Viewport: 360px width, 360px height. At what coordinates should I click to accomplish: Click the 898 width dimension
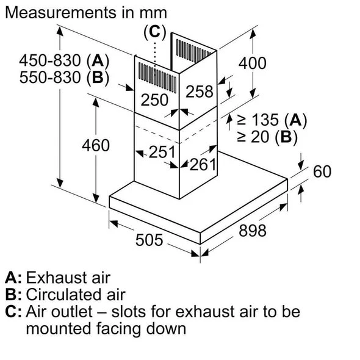253,231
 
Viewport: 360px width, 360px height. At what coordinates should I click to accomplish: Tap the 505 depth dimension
149,240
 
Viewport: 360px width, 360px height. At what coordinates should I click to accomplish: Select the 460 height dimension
96,145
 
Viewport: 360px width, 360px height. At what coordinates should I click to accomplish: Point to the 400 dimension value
253,63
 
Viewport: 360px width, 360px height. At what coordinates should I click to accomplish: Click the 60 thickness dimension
322,171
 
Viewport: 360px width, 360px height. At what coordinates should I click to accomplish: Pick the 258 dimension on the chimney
200,92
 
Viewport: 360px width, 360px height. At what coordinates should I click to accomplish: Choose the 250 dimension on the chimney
154,100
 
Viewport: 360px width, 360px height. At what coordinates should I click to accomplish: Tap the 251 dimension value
162,152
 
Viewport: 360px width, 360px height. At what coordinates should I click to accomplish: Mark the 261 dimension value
203,164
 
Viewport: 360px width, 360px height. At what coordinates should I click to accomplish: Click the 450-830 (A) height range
64,60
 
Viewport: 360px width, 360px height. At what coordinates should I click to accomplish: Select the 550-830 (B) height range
64,77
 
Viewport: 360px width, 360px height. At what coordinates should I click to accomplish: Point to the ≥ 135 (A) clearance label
272,120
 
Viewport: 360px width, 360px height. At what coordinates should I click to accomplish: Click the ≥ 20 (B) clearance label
267,137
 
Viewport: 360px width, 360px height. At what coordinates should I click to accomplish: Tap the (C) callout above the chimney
154,32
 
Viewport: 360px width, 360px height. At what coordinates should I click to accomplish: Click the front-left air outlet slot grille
157,77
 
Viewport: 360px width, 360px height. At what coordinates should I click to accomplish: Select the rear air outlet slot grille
193,51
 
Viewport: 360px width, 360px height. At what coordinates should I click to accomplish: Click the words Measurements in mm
86,12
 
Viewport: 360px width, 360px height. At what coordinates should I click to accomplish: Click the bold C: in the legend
13,312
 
